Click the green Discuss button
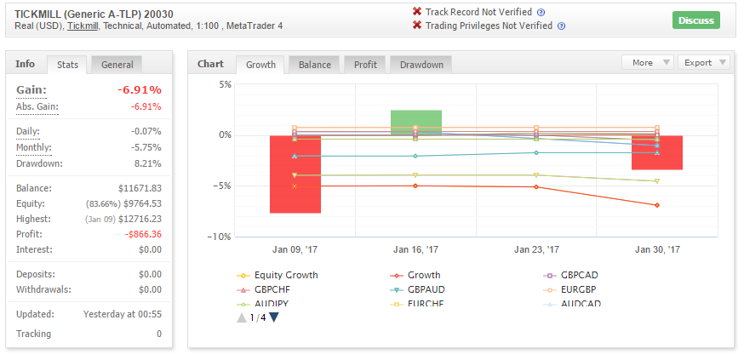[x=696, y=20]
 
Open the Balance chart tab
[x=315, y=65]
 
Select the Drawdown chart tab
[x=421, y=65]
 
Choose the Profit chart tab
[x=365, y=65]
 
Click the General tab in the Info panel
[x=117, y=65]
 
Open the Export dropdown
[x=704, y=63]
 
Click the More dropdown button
[x=648, y=63]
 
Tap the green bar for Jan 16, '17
[x=416, y=123]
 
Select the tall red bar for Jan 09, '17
[x=295, y=174]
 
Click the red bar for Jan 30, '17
[x=656, y=152]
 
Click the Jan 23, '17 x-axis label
[x=536, y=250]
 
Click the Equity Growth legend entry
[x=278, y=275]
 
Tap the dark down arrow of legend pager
[x=274, y=317]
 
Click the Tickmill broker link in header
[x=83, y=26]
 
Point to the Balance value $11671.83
[x=140, y=188]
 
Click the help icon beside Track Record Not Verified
[x=541, y=12]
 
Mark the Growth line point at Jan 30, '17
[x=657, y=205]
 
